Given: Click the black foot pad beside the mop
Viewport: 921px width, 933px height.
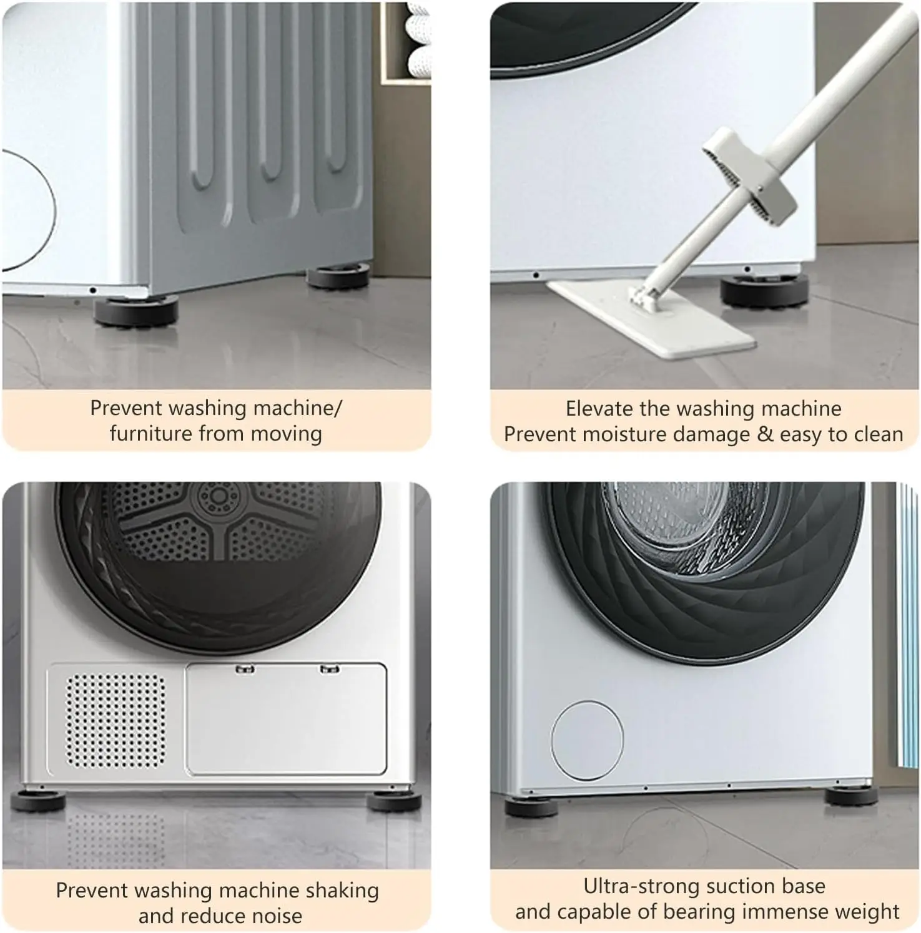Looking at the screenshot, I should tap(764, 290).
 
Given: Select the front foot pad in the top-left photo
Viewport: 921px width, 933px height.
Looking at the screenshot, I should tap(136, 310).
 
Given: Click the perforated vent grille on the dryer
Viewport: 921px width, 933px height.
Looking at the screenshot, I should tap(116, 721).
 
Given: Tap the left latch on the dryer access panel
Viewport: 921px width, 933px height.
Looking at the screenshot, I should tap(245, 670).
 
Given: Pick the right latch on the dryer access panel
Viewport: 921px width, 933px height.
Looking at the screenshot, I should tap(329, 670).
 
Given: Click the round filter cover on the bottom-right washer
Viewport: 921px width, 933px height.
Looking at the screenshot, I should tap(587, 740).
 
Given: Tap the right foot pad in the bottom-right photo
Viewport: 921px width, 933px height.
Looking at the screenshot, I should tap(850, 796).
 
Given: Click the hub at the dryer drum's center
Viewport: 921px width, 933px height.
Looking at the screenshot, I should tap(219, 496).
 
